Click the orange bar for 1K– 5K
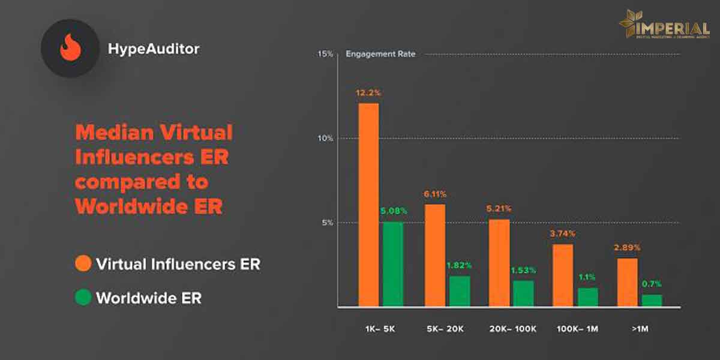368,204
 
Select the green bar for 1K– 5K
393,264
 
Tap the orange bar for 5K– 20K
435,255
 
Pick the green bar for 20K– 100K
523,293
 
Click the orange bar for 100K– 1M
562,275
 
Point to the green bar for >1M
652,300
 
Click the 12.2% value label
368,93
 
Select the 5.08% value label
393,211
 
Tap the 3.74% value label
562,233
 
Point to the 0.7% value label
652,284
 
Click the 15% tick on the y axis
325,54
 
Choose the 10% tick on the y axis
325,138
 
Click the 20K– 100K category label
511,329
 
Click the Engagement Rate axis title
380,54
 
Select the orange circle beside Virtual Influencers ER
83,263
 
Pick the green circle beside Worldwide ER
83,298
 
